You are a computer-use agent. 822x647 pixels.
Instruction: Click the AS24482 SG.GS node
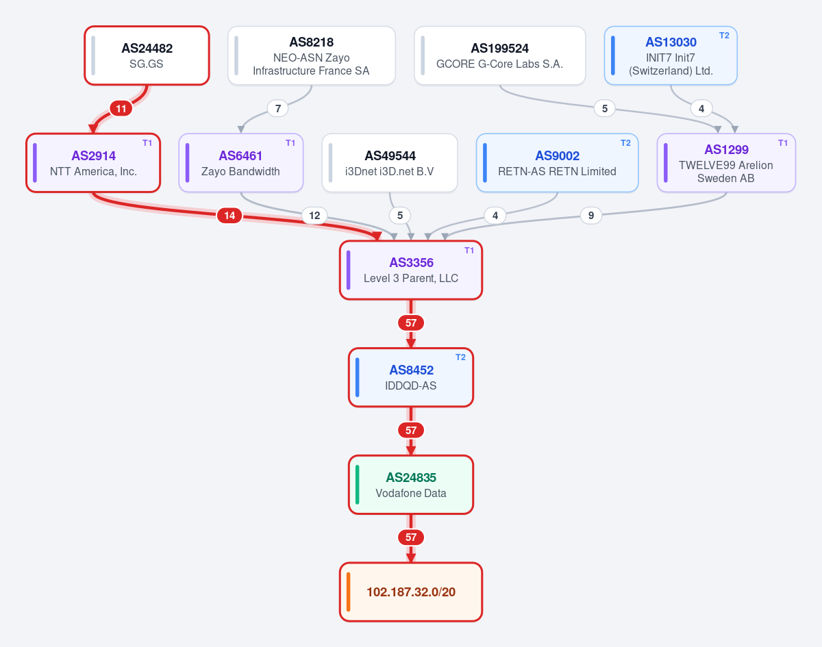[147, 55]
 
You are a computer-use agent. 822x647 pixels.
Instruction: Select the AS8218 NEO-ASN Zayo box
[311, 55]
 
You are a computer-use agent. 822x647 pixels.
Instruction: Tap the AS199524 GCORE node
[499, 55]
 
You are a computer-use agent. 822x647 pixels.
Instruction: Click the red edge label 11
[121, 108]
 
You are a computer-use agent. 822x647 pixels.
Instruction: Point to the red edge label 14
[229, 216]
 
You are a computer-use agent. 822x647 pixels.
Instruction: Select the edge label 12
[314, 216]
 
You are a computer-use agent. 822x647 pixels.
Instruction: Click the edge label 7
[278, 108]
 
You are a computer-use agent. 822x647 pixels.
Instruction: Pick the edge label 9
[591, 216]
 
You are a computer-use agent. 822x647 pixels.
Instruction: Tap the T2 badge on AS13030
[724, 36]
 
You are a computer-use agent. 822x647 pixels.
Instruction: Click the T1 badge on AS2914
[147, 143]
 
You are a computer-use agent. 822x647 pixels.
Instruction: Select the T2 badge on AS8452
[460, 357]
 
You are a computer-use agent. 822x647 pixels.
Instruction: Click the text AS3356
[412, 262]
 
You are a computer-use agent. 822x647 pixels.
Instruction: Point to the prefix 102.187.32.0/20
[411, 592]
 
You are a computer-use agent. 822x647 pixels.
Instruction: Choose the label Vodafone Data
[411, 493]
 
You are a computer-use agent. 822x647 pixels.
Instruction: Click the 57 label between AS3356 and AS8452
[411, 322]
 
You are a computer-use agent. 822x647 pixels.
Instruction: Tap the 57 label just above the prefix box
[411, 537]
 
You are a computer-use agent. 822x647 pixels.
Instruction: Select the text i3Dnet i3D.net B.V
[390, 171]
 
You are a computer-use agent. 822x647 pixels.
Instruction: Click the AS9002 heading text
[558, 156]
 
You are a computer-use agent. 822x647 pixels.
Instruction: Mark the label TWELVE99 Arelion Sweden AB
[725, 171]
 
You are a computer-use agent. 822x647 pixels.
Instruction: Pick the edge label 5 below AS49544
[400, 216]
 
